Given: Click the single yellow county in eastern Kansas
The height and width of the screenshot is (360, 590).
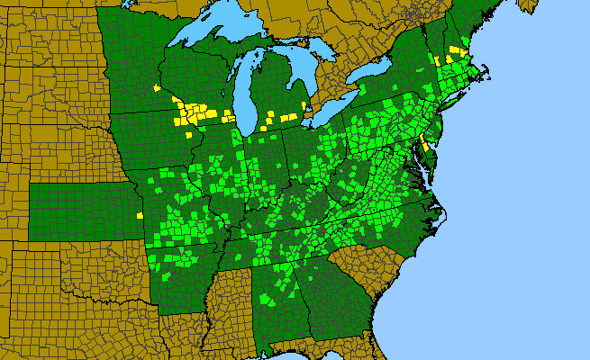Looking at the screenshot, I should coord(140,216).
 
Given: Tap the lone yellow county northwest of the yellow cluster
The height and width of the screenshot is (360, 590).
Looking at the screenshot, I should coord(157,88).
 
